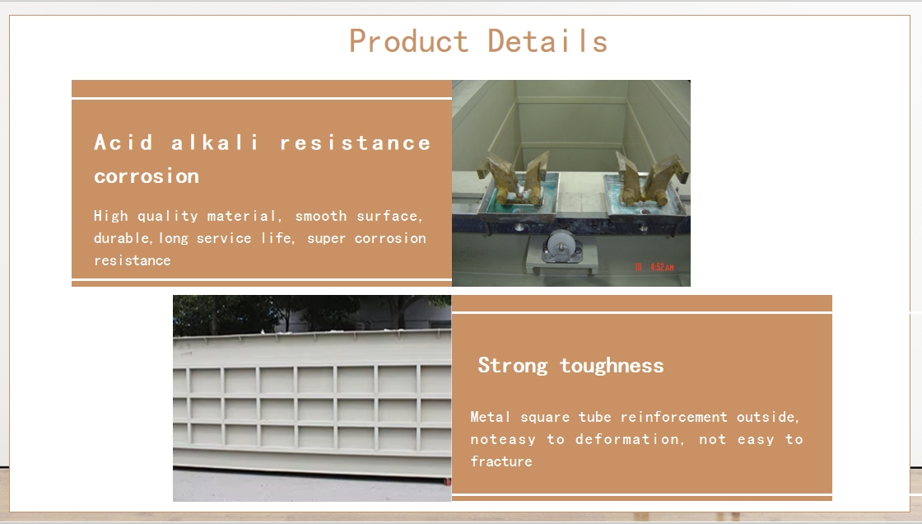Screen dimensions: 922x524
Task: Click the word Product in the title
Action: coord(408,42)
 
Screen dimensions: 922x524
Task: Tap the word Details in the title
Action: coord(547,41)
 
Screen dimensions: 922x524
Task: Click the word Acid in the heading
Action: coord(123,143)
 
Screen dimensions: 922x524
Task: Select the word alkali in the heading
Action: coord(215,143)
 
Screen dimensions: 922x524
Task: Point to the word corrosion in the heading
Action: coord(147,176)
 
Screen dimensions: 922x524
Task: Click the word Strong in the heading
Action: coord(512,366)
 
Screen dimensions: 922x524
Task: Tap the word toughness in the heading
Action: coord(612,366)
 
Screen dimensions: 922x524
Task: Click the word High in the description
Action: coord(110,216)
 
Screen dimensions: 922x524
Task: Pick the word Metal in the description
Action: coord(491,417)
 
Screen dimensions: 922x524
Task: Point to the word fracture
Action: coord(501,461)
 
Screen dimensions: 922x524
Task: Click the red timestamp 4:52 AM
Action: coord(662,267)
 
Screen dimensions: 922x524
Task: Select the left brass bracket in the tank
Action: coord(516,179)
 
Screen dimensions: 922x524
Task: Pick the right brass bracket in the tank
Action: coord(651,178)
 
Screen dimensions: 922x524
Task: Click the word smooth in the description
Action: coord(321,216)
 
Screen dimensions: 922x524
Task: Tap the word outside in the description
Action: coord(768,417)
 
